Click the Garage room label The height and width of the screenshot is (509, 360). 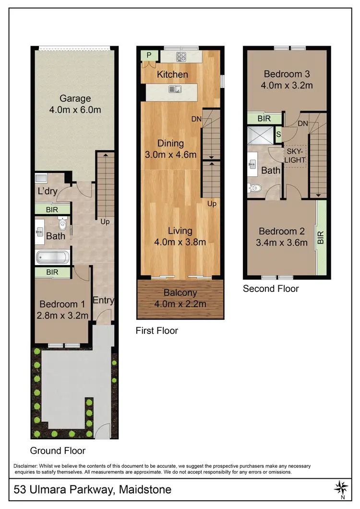pyautogui.click(x=75, y=99)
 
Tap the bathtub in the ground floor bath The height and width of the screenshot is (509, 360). pyautogui.click(x=53, y=257)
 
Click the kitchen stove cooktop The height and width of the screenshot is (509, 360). pyautogui.click(x=181, y=57)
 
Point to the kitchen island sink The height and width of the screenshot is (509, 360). pyautogui.click(x=174, y=89)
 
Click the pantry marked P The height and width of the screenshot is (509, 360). pyautogui.click(x=145, y=55)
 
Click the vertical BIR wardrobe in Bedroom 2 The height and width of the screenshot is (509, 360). pyautogui.click(x=321, y=237)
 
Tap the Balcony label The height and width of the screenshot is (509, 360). pyautogui.click(x=180, y=293)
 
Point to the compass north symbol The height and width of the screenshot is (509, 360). pyautogui.click(x=342, y=487)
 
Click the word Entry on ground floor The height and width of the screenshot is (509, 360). pyautogui.click(x=103, y=301)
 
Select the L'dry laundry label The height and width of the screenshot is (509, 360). pyautogui.click(x=48, y=191)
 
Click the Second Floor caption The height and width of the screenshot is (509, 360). pyautogui.click(x=271, y=289)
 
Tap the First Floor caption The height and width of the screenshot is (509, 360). pyautogui.click(x=157, y=330)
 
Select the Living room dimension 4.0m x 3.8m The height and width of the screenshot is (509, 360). pyautogui.click(x=180, y=242)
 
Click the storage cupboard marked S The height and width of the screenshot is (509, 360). pyautogui.click(x=278, y=134)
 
